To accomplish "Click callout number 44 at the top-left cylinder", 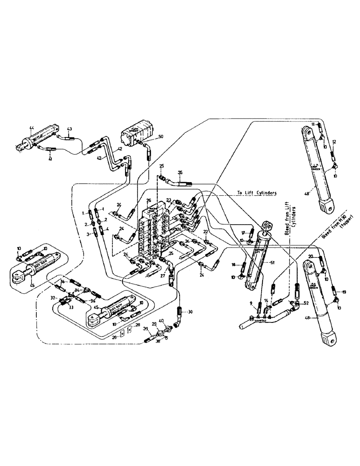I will pos(32,128).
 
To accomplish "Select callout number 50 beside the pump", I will pos(162,136).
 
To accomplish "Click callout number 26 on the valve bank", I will pos(149,201).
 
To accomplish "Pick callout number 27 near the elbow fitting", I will pos(163,275).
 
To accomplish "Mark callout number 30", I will pos(190,312).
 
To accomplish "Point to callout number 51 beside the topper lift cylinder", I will pos(267,262).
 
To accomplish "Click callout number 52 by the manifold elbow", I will pos(305,303).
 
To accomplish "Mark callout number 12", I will pos(334,142).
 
